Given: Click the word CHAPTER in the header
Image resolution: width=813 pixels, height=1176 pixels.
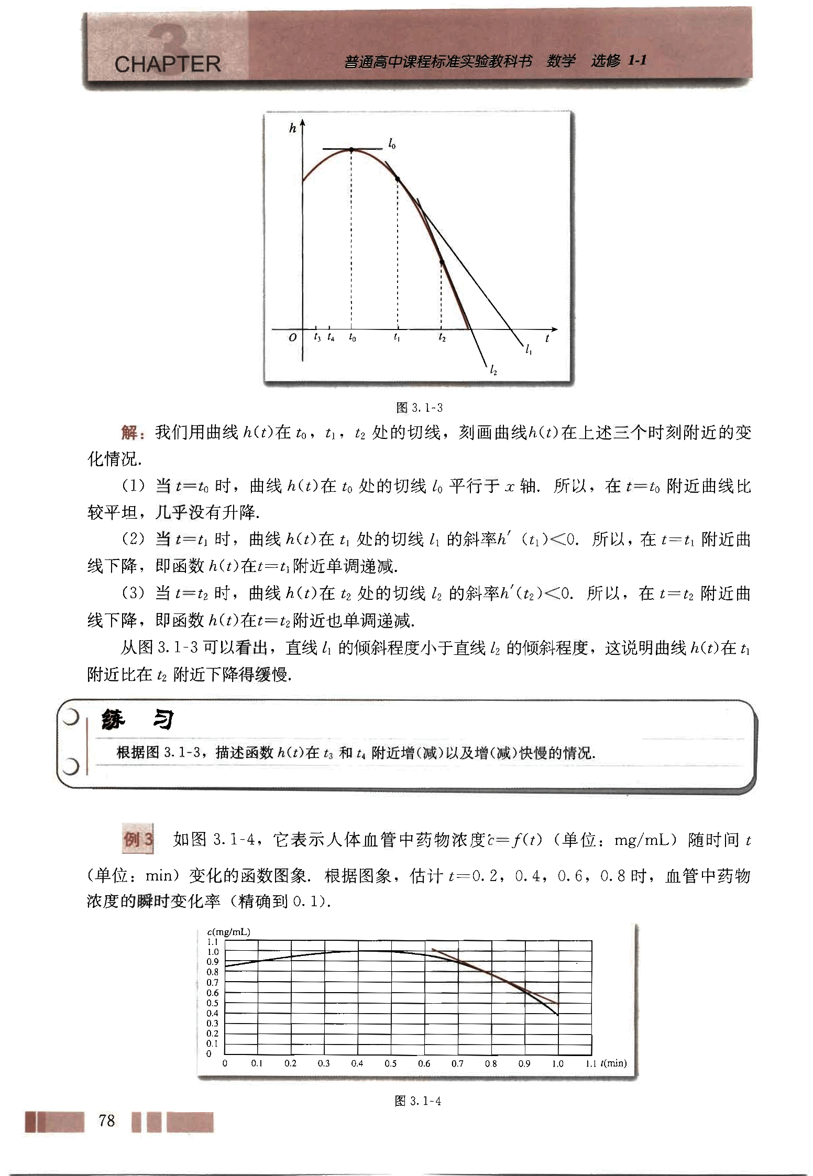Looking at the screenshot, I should coord(167,64).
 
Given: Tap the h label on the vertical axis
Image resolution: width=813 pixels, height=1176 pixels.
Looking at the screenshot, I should coord(292,128).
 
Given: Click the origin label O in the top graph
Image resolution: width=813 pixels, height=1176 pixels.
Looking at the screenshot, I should coord(292,338).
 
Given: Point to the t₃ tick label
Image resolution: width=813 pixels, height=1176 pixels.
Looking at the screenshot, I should coord(317,338).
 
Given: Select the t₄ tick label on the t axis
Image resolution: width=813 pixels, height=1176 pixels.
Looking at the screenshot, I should coord(331,338).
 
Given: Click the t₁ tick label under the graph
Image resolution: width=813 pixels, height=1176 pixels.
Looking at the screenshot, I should coord(397,338).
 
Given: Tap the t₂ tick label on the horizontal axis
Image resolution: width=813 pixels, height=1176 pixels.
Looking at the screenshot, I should coord(442,338).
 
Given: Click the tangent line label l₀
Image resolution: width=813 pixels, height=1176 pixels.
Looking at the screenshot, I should coord(392,143).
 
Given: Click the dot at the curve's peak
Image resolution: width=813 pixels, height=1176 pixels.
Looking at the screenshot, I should coord(351,150).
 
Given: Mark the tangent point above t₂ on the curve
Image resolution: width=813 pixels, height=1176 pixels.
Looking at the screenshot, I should coord(442,262).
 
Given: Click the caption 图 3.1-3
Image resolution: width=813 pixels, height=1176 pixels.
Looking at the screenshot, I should coord(420,407).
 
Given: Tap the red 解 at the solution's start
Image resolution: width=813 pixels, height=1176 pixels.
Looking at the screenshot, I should coord(129,433).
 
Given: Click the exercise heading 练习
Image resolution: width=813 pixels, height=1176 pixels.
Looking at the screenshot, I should coord(137,721).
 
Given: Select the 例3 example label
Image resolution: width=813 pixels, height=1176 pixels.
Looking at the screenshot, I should coord(138,840).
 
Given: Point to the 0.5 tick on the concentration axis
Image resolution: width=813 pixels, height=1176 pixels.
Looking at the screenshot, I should coord(212,1003).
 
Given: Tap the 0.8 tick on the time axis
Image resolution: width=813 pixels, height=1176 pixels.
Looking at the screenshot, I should coord(491,1063).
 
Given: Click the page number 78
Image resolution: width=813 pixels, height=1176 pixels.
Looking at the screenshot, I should coord(106,1120).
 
